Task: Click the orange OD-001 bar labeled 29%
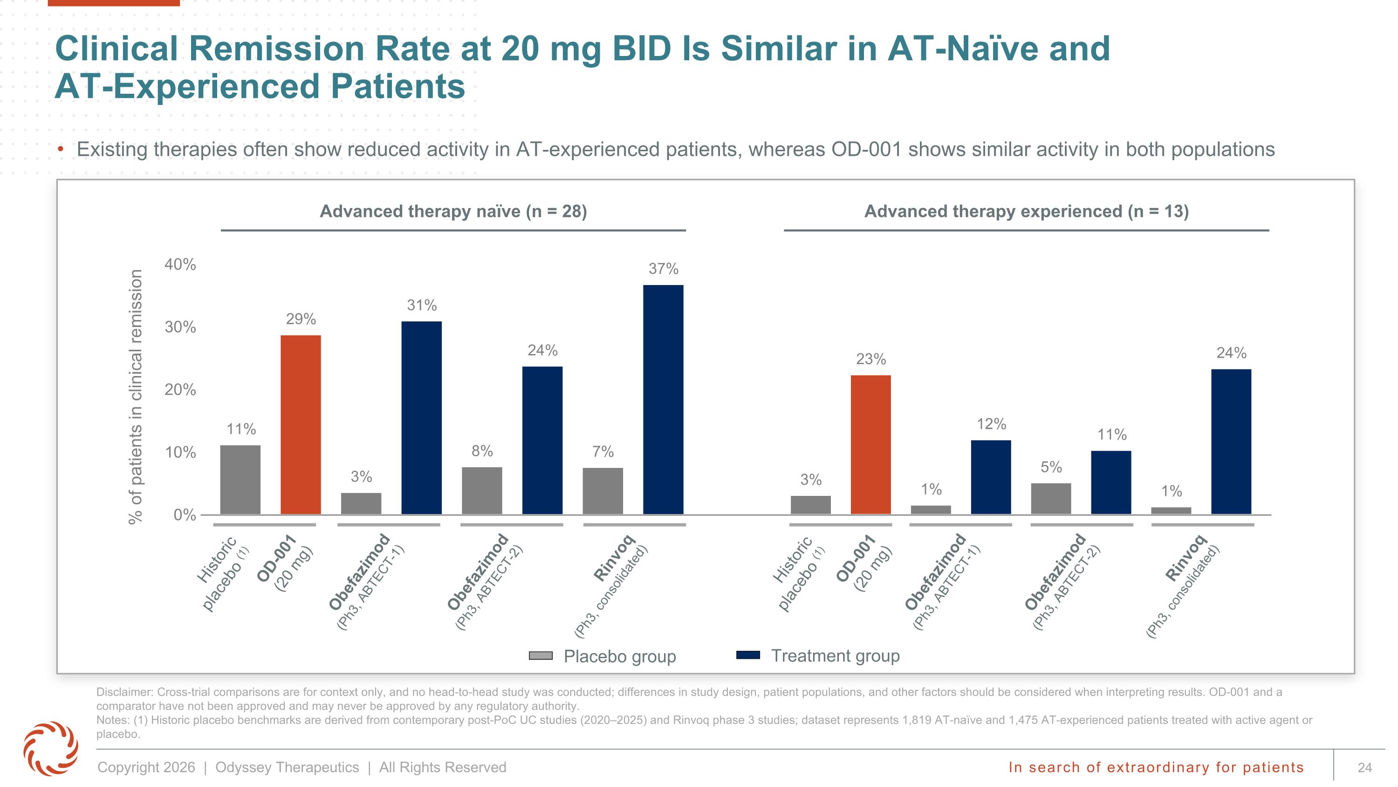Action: [301, 424]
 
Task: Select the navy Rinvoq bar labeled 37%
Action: [663, 399]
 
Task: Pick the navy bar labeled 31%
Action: [422, 418]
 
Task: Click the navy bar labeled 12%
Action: [991, 477]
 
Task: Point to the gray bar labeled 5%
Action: [1051, 499]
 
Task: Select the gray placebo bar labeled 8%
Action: [482, 490]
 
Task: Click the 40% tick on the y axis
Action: [180, 265]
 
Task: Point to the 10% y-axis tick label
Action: [180, 453]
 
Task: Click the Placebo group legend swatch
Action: [541, 655]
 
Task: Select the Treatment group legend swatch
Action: [748, 655]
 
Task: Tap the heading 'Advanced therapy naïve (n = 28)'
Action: [453, 211]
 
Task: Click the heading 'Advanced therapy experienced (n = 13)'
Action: [1026, 211]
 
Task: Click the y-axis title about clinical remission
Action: [136, 397]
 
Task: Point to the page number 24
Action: [1364, 767]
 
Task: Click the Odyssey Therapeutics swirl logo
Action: [50, 748]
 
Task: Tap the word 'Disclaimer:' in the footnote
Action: [125, 692]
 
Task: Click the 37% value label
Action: [663, 269]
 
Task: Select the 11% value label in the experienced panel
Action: [1112, 434]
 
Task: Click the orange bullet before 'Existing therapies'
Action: [62, 149]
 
